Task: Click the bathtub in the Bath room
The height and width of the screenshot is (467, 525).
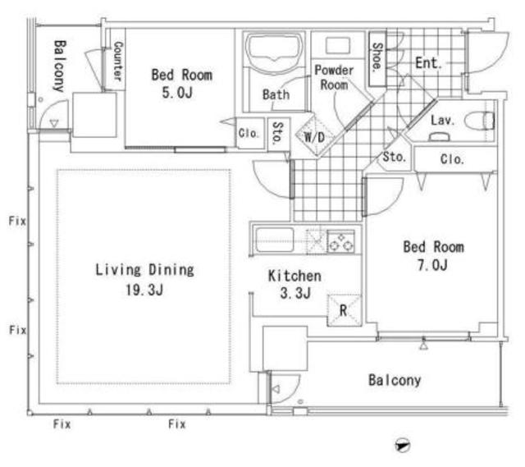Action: pyautogui.click(x=274, y=53)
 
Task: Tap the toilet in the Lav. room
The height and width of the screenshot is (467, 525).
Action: pyautogui.click(x=480, y=121)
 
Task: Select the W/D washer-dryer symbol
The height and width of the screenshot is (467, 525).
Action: pyautogui.click(x=314, y=136)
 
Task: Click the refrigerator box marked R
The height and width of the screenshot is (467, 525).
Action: pyautogui.click(x=345, y=310)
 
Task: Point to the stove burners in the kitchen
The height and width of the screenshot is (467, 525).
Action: pyautogui.click(x=341, y=241)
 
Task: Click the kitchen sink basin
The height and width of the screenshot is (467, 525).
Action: pyautogui.click(x=275, y=240)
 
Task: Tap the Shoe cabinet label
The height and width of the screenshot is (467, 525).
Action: pyautogui.click(x=377, y=57)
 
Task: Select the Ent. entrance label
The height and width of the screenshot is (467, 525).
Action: pyautogui.click(x=427, y=63)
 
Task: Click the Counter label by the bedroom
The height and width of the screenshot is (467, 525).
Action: pyautogui.click(x=118, y=61)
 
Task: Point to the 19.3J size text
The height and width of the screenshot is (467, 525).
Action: pyautogui.click(x=144, y=290)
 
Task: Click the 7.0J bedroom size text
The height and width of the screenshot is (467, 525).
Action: pyautogui.click(x=432, y=265)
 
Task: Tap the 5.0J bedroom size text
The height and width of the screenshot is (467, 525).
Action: pyautogui.click(x=177, y=93)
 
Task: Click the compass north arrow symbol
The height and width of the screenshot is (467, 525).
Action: pyautogui.click(x=402, y=446)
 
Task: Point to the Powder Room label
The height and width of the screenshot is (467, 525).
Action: pyautogui.click(x=334, y=77)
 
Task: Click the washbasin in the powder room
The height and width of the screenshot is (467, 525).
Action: pyautogui.click(x=338, y=45)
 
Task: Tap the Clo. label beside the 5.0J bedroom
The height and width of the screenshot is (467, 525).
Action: pyautogui.click(x=249, y=133)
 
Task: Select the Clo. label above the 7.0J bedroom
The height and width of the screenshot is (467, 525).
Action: pyautogui.click(x=452, y=159)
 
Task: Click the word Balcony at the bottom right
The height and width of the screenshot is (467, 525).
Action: pyautogui.click(x=395, y=380)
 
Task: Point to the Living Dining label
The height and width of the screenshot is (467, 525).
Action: pyautogui.click(x=144, y=270)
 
